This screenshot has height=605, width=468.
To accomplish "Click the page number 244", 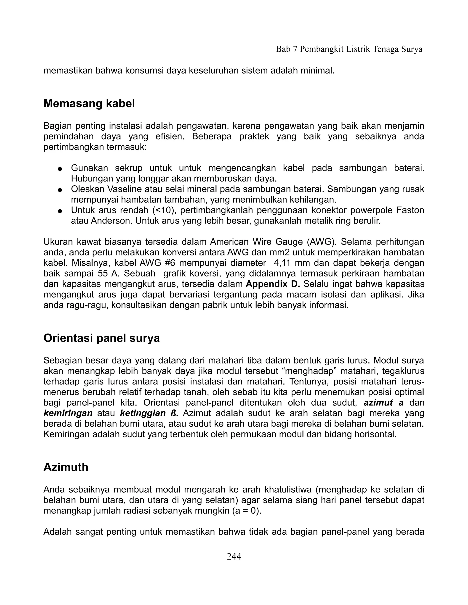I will click(234, 556).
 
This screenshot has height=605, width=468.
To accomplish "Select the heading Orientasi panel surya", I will click(101, 338).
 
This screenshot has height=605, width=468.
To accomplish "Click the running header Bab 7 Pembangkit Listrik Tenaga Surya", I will click(349, 49).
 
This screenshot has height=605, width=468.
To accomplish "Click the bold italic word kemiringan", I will click(68, 413).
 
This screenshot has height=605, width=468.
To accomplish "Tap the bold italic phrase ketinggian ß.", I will click(149, 413).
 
